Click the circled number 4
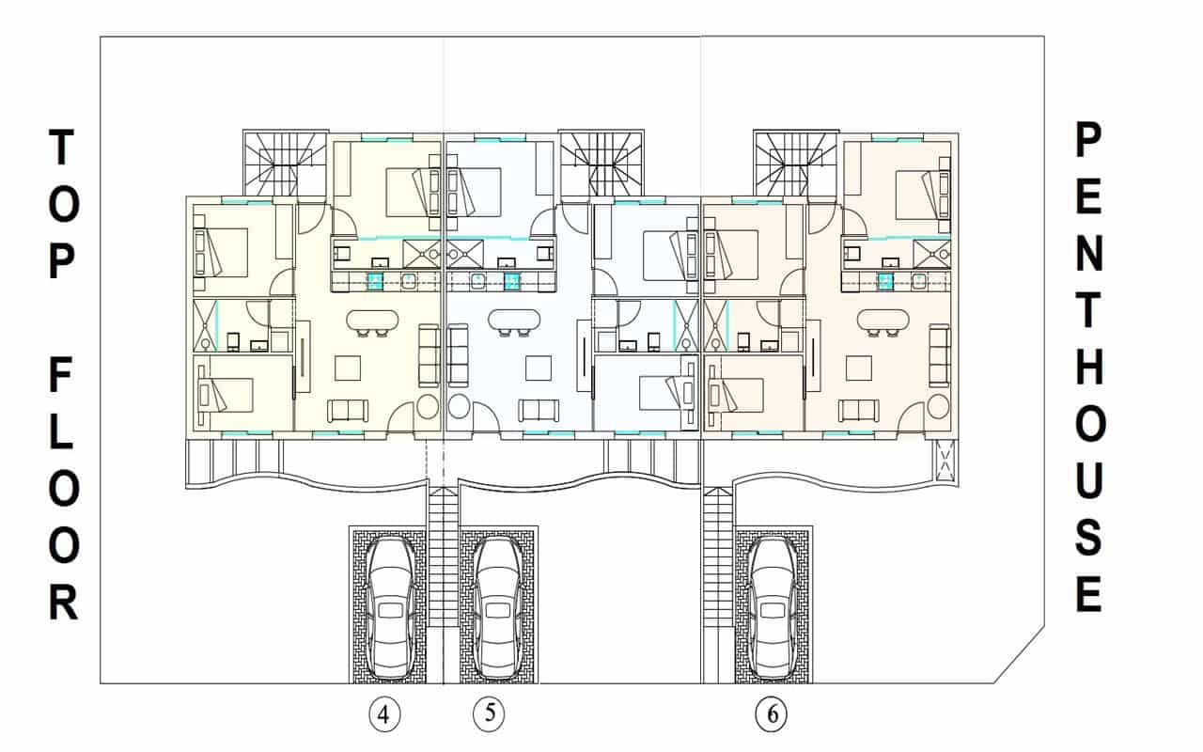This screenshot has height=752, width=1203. (383, 715)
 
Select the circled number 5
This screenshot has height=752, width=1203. (489, 713)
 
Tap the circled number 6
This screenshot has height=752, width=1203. (772, 715)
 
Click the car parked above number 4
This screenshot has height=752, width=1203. (390, 608)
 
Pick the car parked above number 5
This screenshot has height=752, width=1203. (496, 608)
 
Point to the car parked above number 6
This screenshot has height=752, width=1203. (773, 608)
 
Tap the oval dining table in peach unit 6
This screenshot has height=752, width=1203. (884, 321)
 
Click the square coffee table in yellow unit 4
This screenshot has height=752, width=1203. (348, 368)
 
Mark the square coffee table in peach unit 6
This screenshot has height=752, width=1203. (859, 368)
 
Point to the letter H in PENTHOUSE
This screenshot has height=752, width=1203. (1087, 371)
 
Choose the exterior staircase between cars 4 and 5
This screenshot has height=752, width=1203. (443, 555)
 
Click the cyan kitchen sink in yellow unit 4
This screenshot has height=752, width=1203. (375, 281)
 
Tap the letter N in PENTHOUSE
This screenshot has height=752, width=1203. (1087, 256)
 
